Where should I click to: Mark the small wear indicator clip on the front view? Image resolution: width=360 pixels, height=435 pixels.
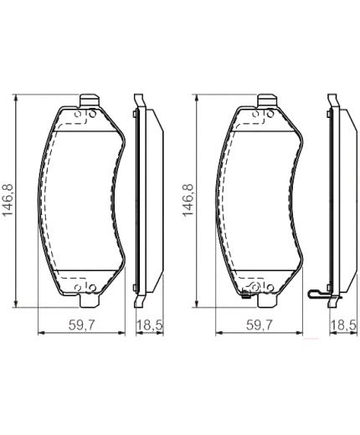[246, 294]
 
